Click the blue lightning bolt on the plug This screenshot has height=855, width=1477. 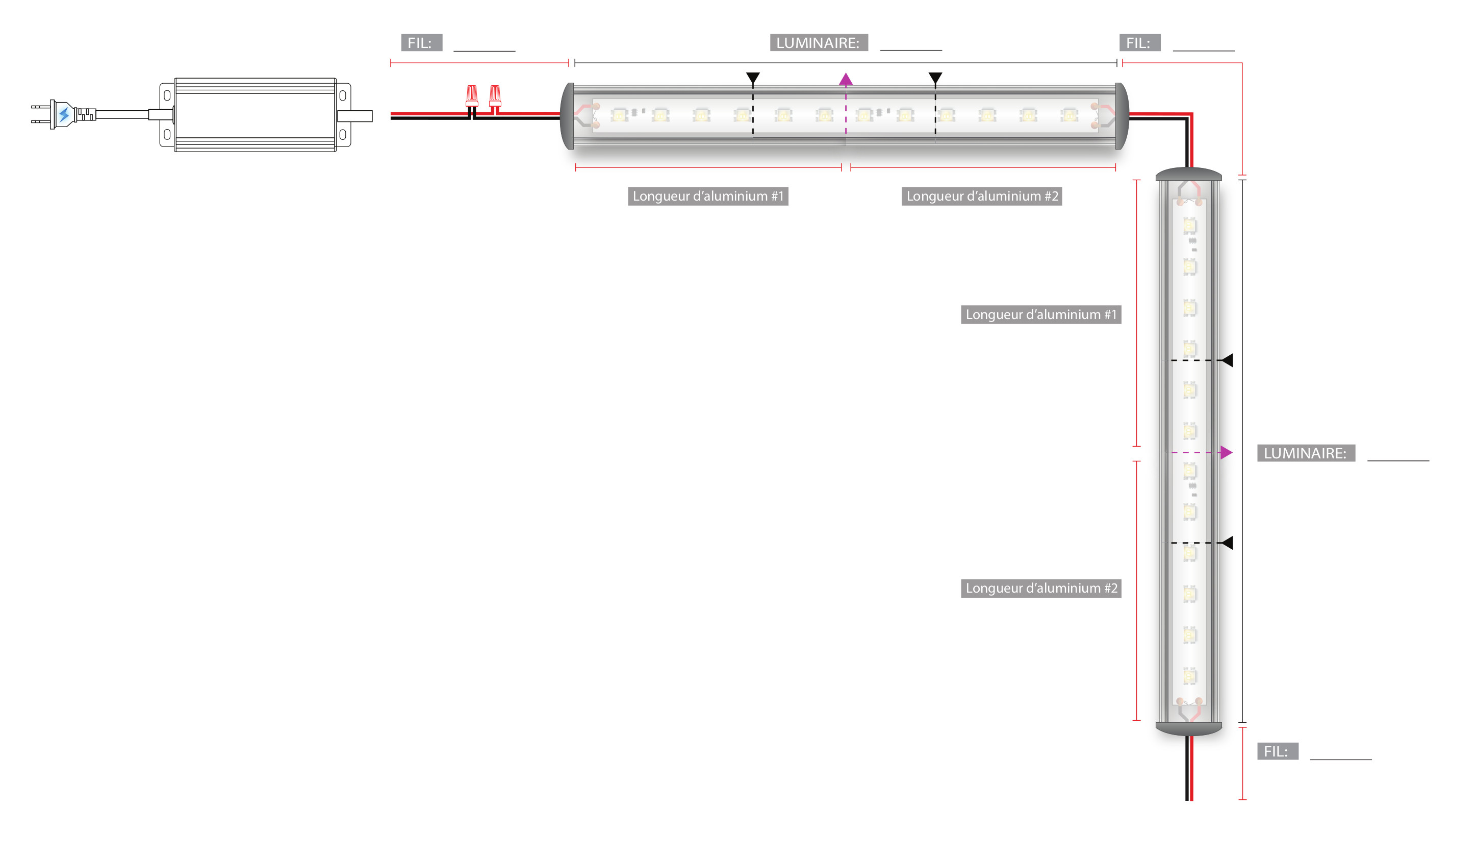click(x=64, y=114)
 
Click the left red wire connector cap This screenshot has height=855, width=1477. click(x=472, y=94)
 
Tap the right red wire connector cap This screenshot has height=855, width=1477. click(x=495, y=94)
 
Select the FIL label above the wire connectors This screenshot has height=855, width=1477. click(x=421, y=43)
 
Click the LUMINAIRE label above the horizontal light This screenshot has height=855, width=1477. click(x=818, y=43)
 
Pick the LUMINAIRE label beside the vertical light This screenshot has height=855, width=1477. click(x=1305, y=453)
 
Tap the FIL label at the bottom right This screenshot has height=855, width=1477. click(x=1277, y=751)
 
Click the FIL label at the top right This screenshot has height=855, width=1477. click(x=1139, y=43)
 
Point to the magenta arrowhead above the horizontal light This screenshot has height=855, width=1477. click(x=845, y=79)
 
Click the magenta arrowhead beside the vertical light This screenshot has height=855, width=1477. click(x=1226, y=452)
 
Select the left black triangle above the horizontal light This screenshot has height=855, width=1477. click(x=753, y=78)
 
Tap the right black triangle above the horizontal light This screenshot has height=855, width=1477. click(x=935, y=78)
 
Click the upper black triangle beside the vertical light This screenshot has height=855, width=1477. click(x=1227, y=360)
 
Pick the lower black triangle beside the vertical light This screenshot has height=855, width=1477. click(x=1227, y=543)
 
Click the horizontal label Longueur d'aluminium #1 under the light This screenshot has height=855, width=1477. click(x=707, y=196)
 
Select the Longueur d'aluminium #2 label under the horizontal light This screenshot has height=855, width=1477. click(x=981, y=196)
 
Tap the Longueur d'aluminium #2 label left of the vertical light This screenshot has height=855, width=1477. click(x=1040, y=588)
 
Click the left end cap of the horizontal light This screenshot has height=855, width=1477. click(x=567, y=116)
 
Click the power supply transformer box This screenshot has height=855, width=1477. click(x=255, y=115)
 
